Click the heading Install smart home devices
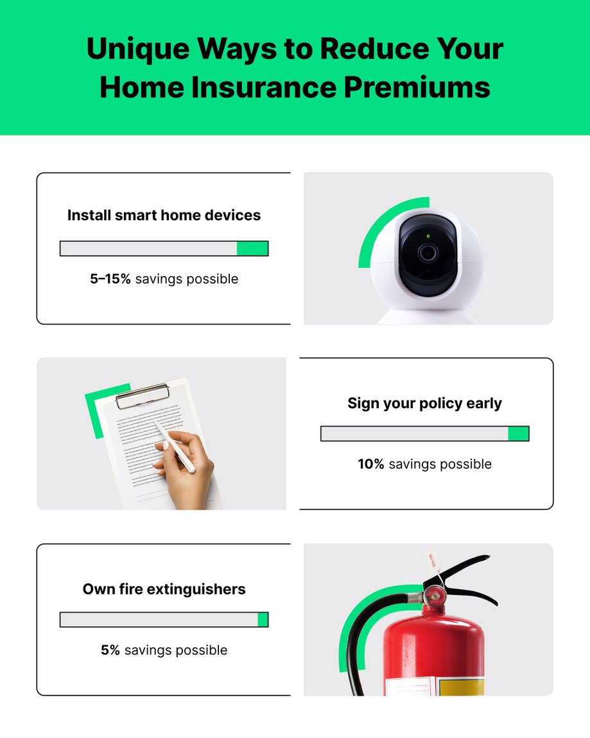164,215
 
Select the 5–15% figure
110,279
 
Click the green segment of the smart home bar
252,248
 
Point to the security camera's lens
428,253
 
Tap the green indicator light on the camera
428,236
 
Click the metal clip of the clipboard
142,396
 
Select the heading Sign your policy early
424,403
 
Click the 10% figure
371,464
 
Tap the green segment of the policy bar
518,434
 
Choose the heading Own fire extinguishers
164,588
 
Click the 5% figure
110,650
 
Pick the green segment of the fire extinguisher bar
263,619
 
